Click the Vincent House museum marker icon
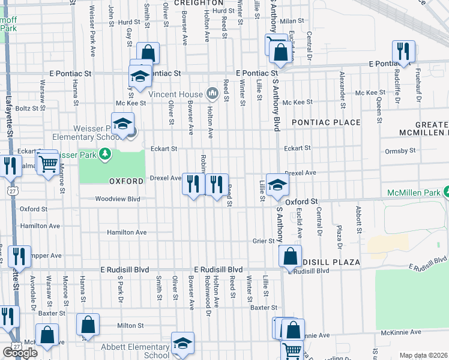click(212, 94)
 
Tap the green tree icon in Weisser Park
click(106, 154)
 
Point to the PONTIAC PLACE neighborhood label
click(326, 122)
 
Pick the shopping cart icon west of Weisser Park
click(47, 162)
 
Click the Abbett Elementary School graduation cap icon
click(182, 343)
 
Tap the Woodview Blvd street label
click(117, 199)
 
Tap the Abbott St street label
click(358, 220)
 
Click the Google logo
click(20, 353)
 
